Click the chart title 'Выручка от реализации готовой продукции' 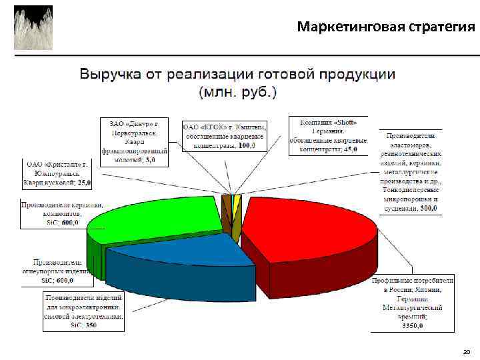click(x=237, y=74)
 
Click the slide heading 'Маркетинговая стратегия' click(x=386, y=27)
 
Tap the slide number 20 click(x=466, y=351)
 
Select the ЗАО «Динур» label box click(x=134, y=141)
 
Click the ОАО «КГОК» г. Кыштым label click(x=224, y=136)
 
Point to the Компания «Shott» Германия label click(x=328, y=136)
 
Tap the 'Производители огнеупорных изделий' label click(x=57, y=271)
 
